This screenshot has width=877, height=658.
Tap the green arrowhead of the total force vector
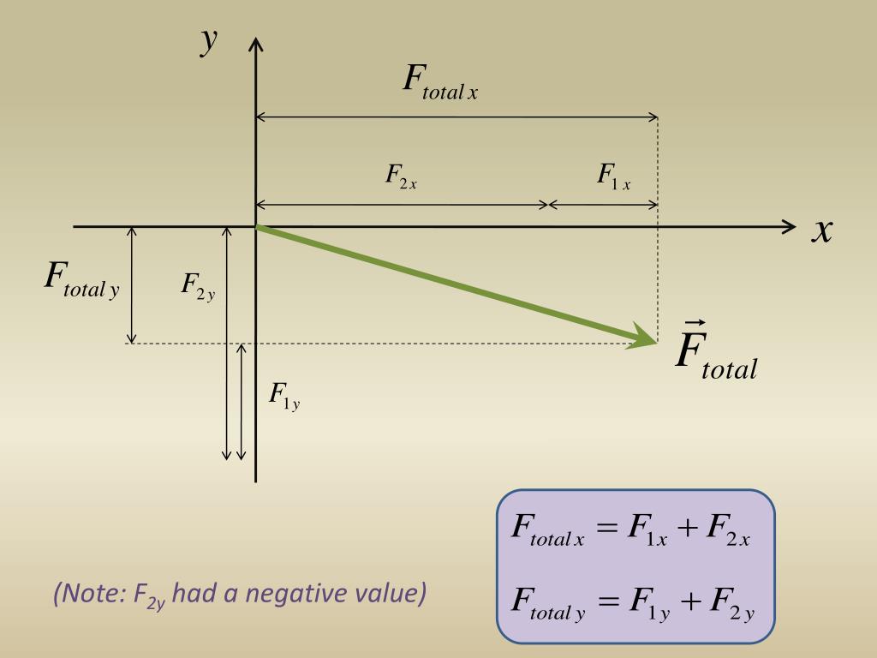pyautogui.click(x=644, y=337)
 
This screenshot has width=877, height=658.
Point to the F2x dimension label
pyautogui.click(x=401, y=176)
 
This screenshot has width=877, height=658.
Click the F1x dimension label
pyautogui.click(x=614, y=176)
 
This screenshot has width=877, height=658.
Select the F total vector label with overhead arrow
pyautogui.click(x=716, y=353)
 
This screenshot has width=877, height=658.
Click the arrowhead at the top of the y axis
pyautogui.click(x=256, y=45)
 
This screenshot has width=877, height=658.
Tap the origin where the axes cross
pyautogui.click(x=256, y=226)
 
